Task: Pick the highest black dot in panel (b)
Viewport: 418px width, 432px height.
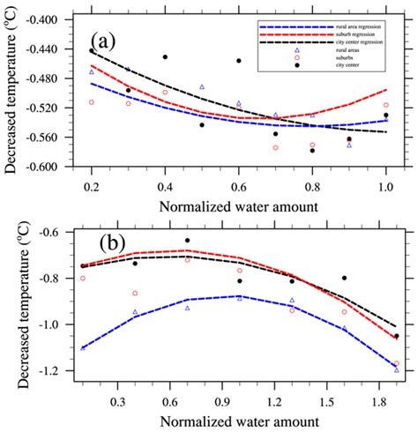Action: [x=187, y=241]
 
